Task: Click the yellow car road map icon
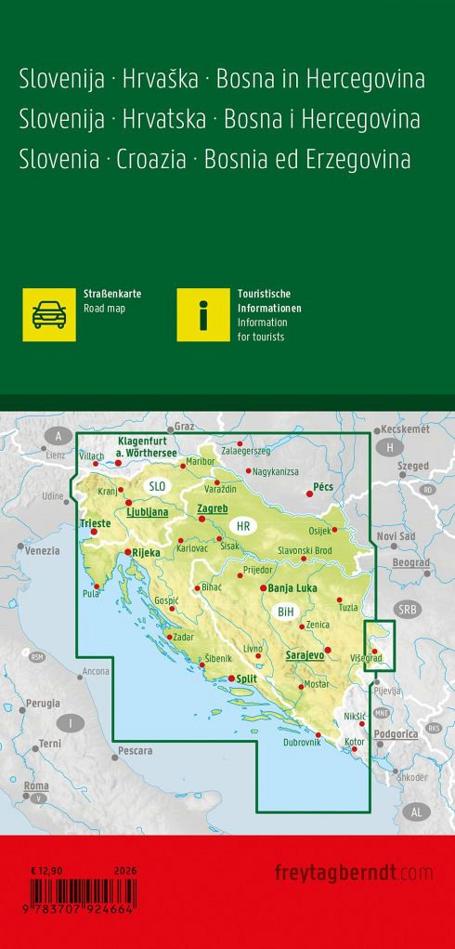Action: point(49,314)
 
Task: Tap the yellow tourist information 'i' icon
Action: point(203,314)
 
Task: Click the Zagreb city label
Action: point(213,509)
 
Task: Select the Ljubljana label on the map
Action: point(147,511)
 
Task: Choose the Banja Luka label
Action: point(293,587)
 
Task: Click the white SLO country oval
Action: point(157,486)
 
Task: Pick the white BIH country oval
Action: point(285,611)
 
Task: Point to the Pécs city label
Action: point(323,486)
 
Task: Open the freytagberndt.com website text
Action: point(354,872)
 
